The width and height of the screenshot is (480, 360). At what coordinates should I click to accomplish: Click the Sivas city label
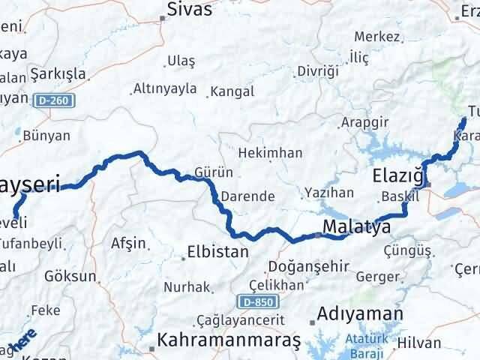click(x=190, y=10)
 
